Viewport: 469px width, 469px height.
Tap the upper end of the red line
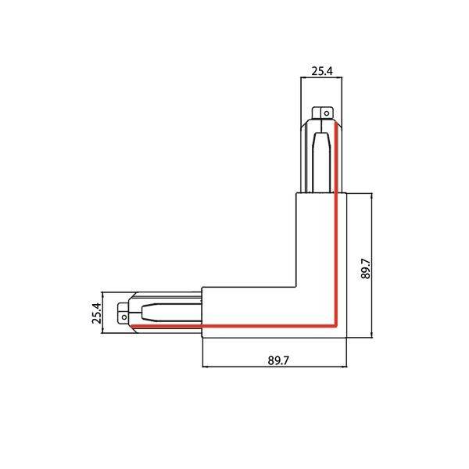tap(335, 122)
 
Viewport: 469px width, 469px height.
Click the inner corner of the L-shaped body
tap(296, 287)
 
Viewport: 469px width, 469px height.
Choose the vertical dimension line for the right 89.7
tap(372, 266)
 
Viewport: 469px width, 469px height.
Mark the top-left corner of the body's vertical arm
tap(296, 193)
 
